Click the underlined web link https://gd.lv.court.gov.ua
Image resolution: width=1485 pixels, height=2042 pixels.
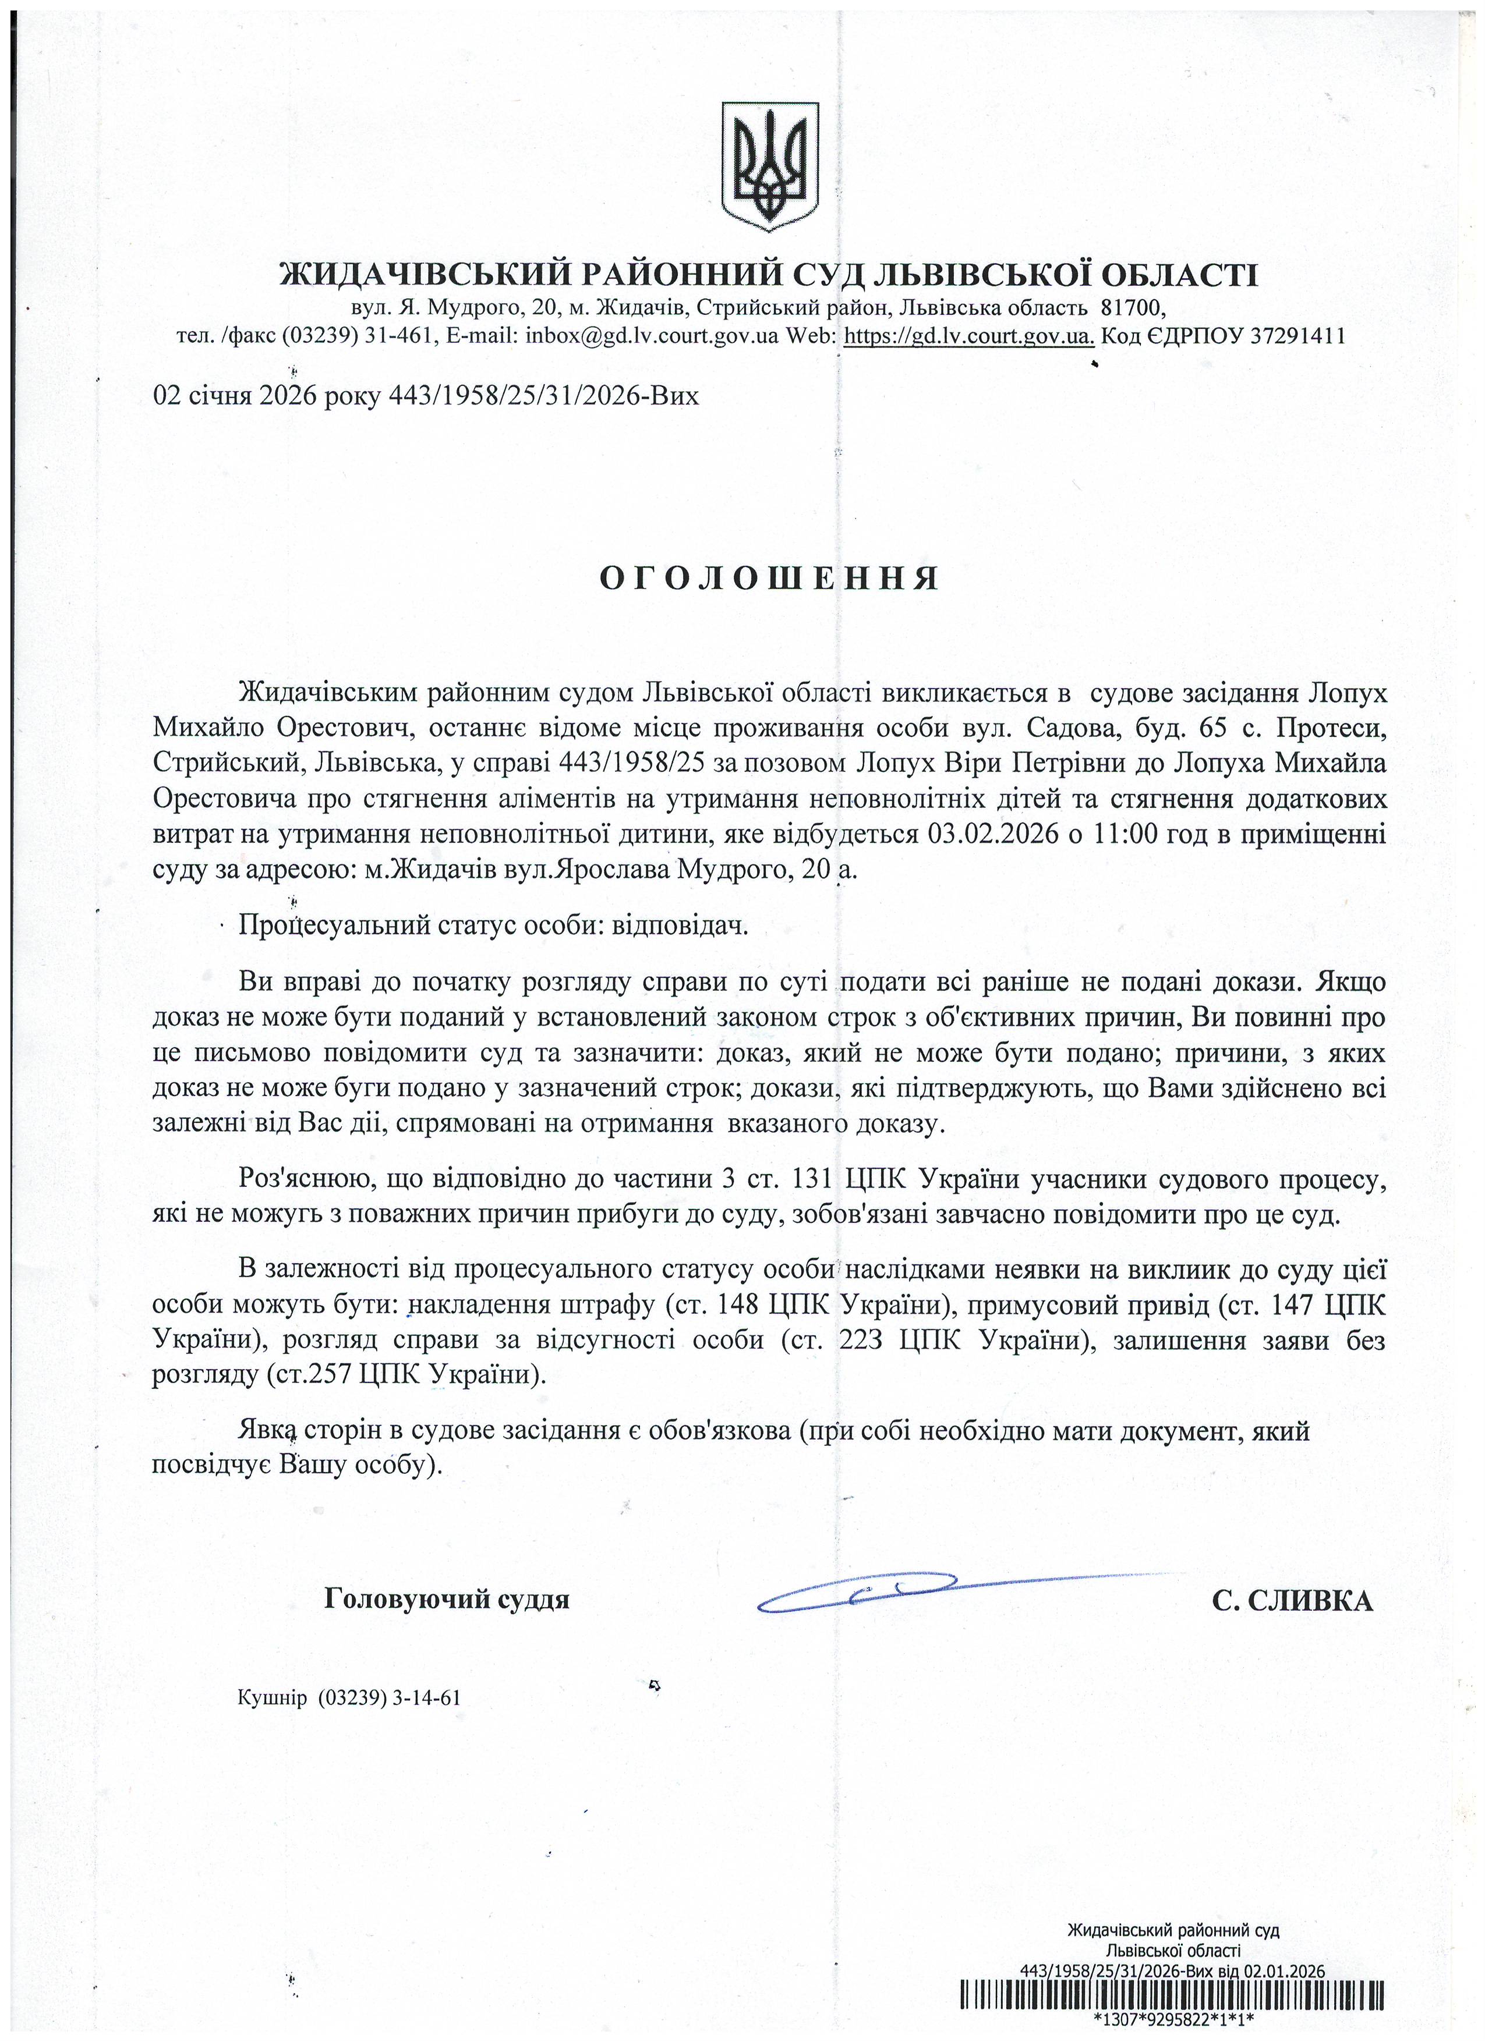969,336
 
